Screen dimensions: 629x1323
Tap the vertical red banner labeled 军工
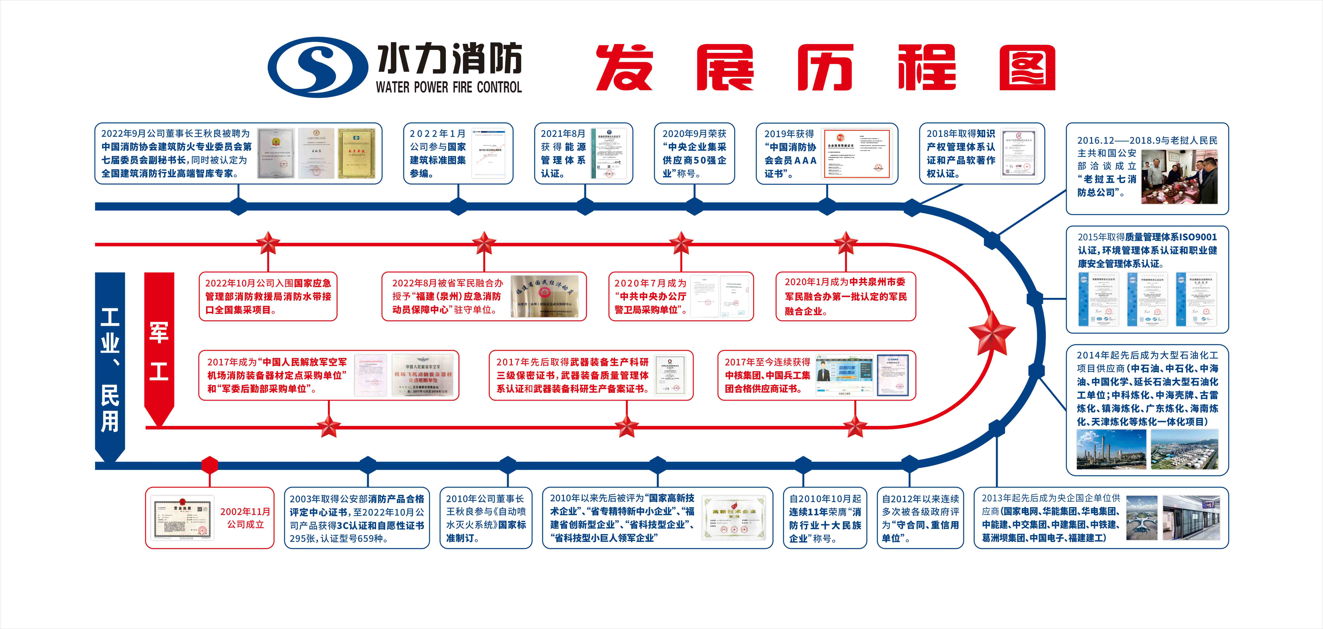pyautogui.click(x=159, y=349)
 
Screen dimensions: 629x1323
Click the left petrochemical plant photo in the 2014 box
pyautogui.click(x=1111, y=449)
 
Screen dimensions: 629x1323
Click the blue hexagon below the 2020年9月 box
pyautogui.click(x=694, y=206)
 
